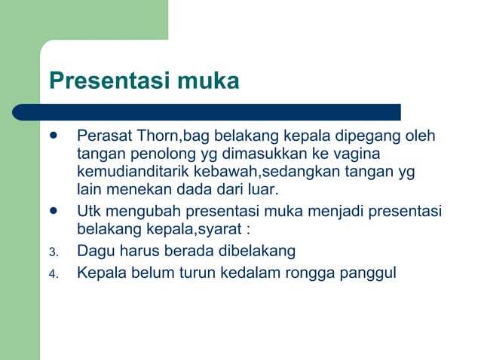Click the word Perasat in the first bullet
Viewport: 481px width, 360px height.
click(104, 137)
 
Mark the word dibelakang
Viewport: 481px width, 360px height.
click(257, 251)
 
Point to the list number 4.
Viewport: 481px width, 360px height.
click(53, 274)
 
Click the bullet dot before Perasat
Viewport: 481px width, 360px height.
click(53, 136)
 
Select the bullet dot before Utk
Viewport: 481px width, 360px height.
click(53, 210)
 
